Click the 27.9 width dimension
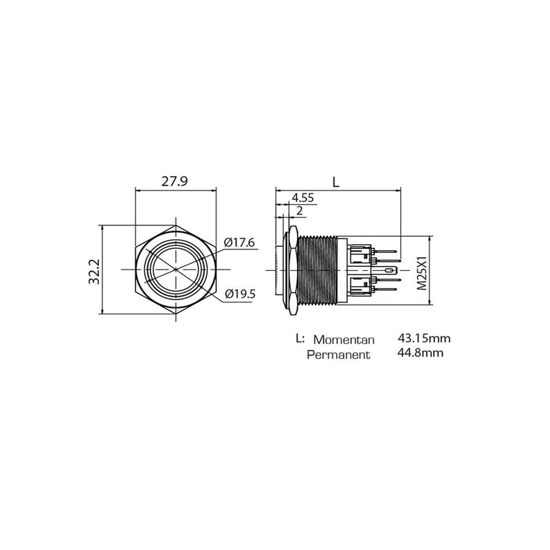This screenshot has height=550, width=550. pyautogui.click(x=175, y=181)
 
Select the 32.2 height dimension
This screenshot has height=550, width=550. pyautogui.click(x=94, y=272)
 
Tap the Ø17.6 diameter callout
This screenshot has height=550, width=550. pyautogui.click(x=239, y=243)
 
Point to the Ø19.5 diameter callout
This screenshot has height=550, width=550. pyautogui.click(x=240, y=294)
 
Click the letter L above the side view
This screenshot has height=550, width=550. pyautogui.click(x=336, y=181)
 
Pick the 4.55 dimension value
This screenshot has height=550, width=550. pyautogui.click(x=302, y=198)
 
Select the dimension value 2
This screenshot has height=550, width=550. pyautogui.click(x=300, y=211)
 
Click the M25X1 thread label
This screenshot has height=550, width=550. pyautogui.click(x=422, y=273)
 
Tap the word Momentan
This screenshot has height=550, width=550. pyautogui.click(x=344, y=340)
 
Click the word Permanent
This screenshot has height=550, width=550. pyautogui.click(x=338, y=355)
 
